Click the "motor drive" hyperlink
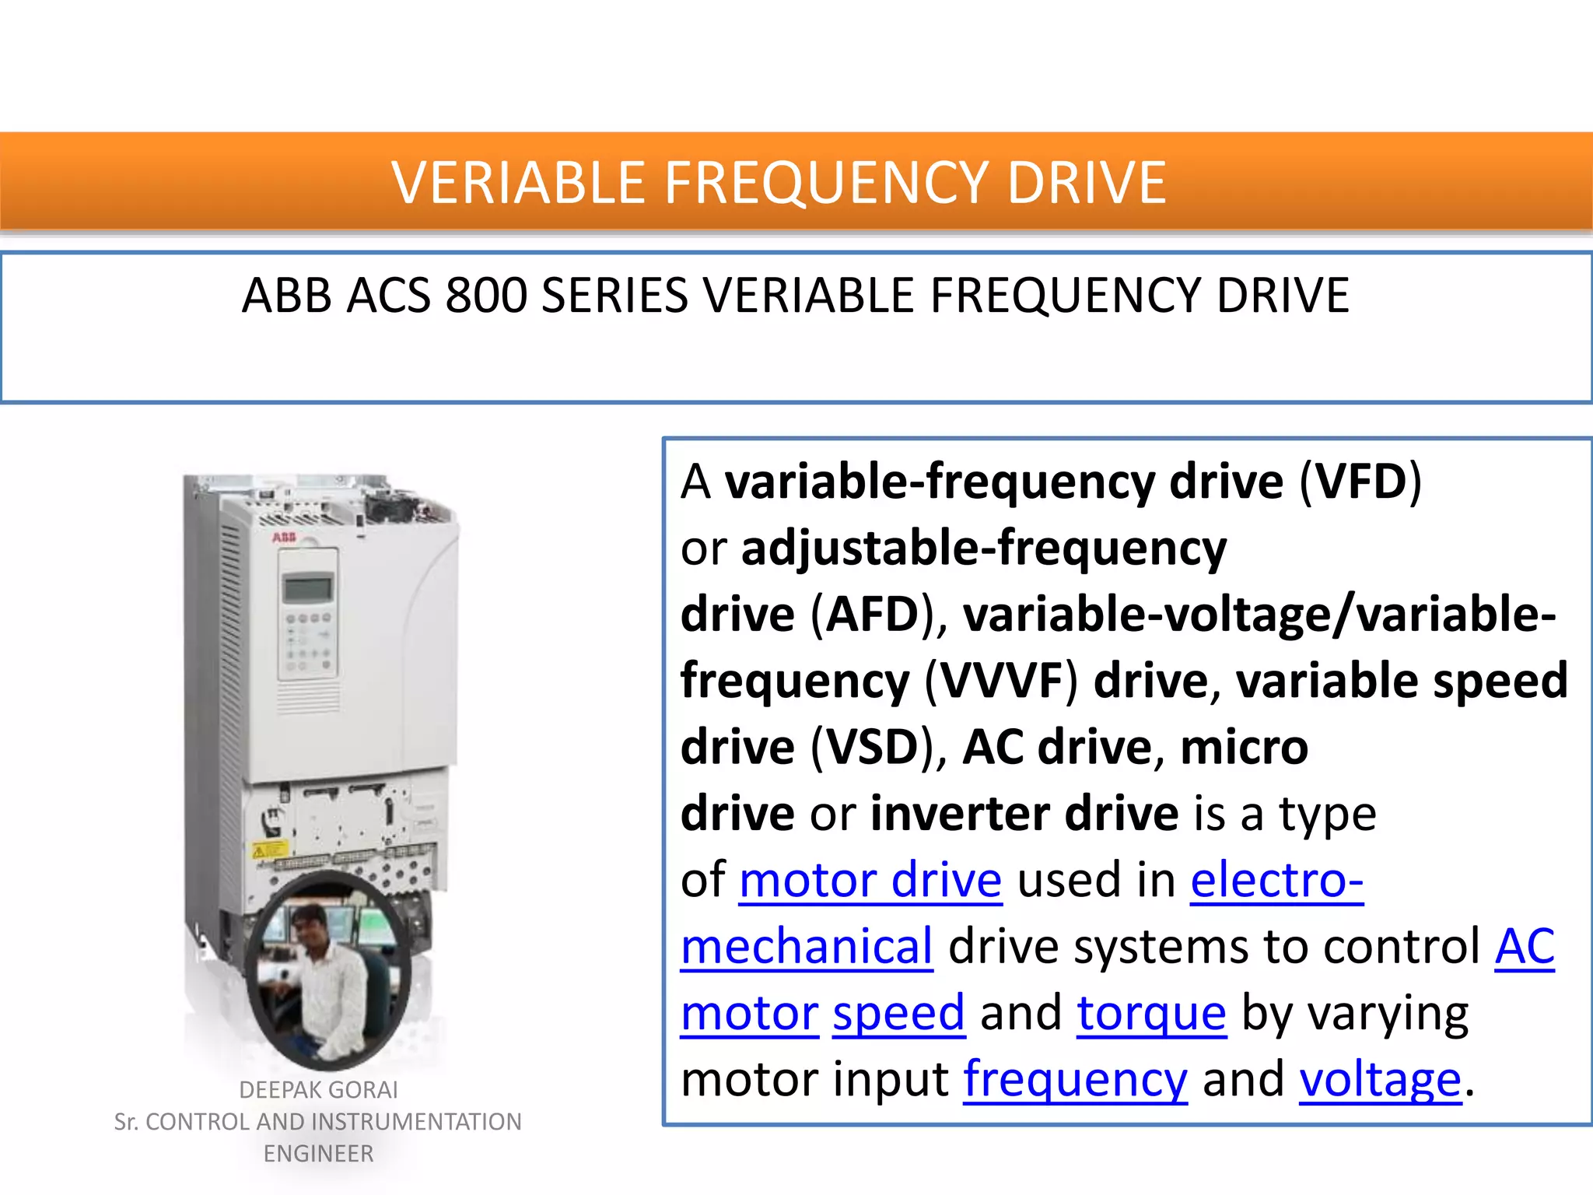tap(870, 881)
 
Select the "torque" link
tap(1151, 1014)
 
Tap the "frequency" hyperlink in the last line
tap(1075, 1080)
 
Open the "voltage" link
tap(1380, 1080)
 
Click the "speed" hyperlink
tap(898, 1014)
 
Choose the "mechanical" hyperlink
tap(807, 947)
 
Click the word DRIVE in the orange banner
tap(1087, 183)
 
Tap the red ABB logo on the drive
tap(284, 538)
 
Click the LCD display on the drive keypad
tap(308, 587)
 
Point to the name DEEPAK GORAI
tap(318, 1090)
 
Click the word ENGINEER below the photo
tap(318, 1154)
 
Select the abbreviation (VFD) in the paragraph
tap(1360, 482)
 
